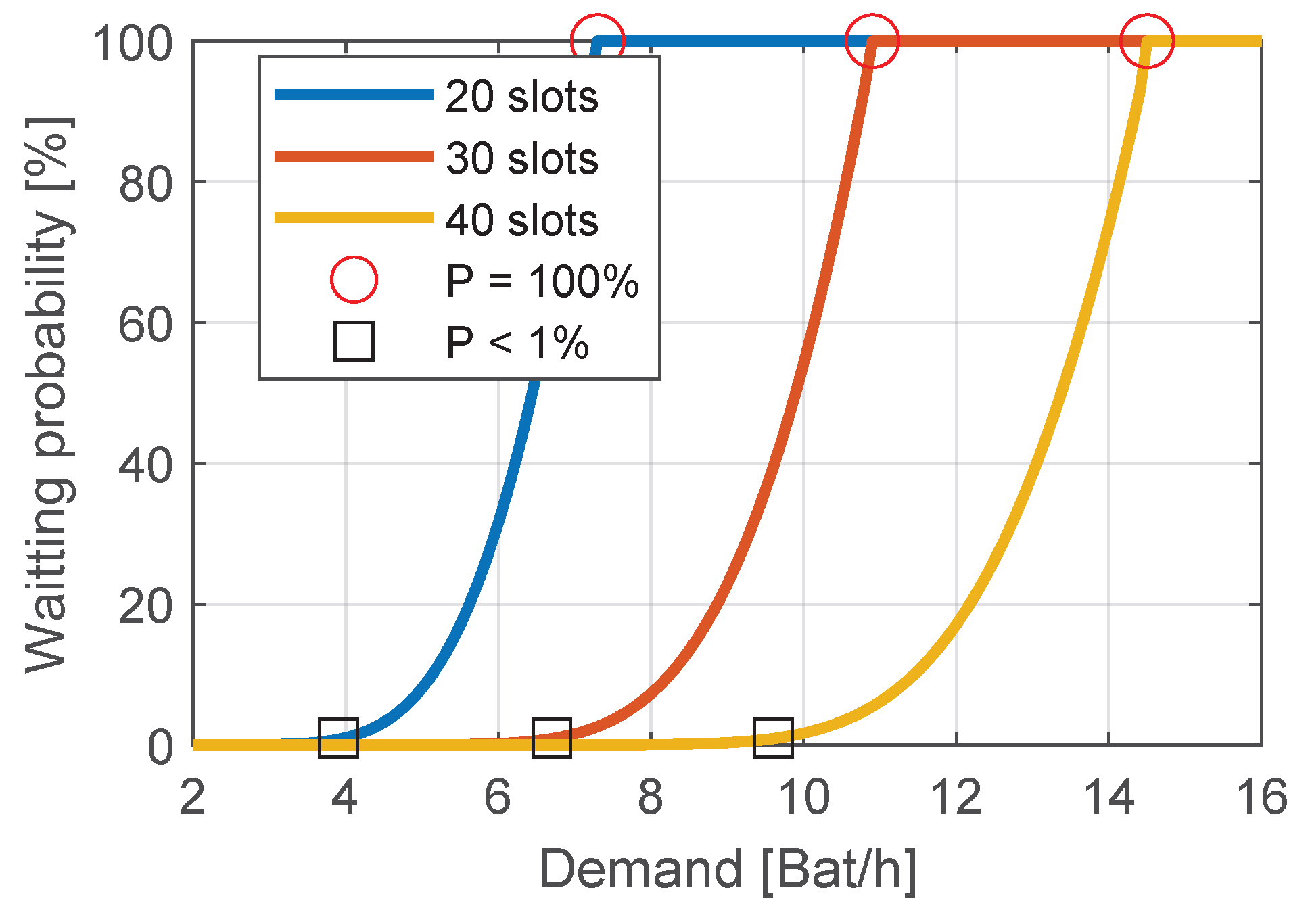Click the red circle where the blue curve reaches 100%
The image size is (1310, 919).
pyautogui.click(x=597, y=41)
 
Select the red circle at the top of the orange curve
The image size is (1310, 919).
pyautogui.click(x=872, y=41)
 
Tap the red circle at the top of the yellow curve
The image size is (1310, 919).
pyautogui.click(x=1147, y=41)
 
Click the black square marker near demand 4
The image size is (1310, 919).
pyautogui.click(x=338, y=737)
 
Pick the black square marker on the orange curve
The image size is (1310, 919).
pyautogui.click(x=552, y=737)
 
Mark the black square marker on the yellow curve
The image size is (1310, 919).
pyautogui.click(x=773, y=737)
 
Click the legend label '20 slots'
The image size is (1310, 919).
pyautogui.click(x=521, y=97)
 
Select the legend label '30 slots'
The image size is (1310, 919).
pyautogui.click(x=521, y=159)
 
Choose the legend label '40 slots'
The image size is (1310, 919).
pyautogui.click(x=521, y=220)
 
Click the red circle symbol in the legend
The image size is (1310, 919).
pyautogui.click(x=354, y=279)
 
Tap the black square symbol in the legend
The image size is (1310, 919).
pyautogui.click(x=354, y=341)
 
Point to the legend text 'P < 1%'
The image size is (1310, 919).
pyautogui.click(x=517, y=343)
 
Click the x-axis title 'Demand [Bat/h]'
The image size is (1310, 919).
pyautogui.click(x=728, y=870)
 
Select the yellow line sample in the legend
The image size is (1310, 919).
pyautogui.click(x=354, y=218)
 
